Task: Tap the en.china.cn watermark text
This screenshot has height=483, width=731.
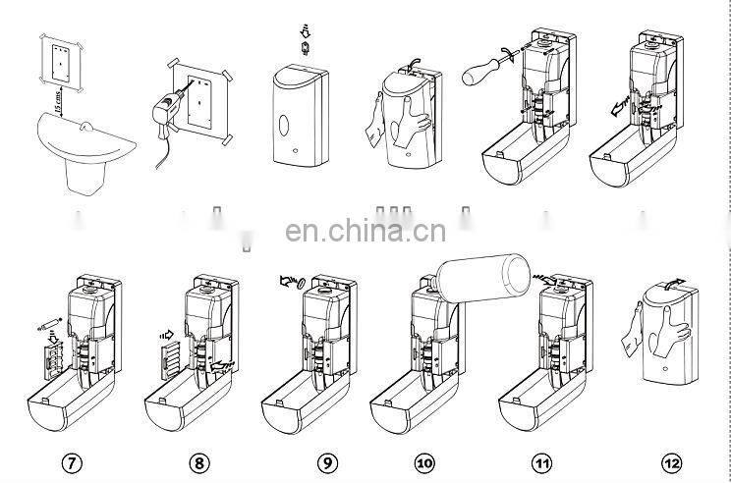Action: pyautogui.click(x=365, y=233)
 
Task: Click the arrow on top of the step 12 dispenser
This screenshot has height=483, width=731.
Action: pyautogui.click(x=672, y=283)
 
